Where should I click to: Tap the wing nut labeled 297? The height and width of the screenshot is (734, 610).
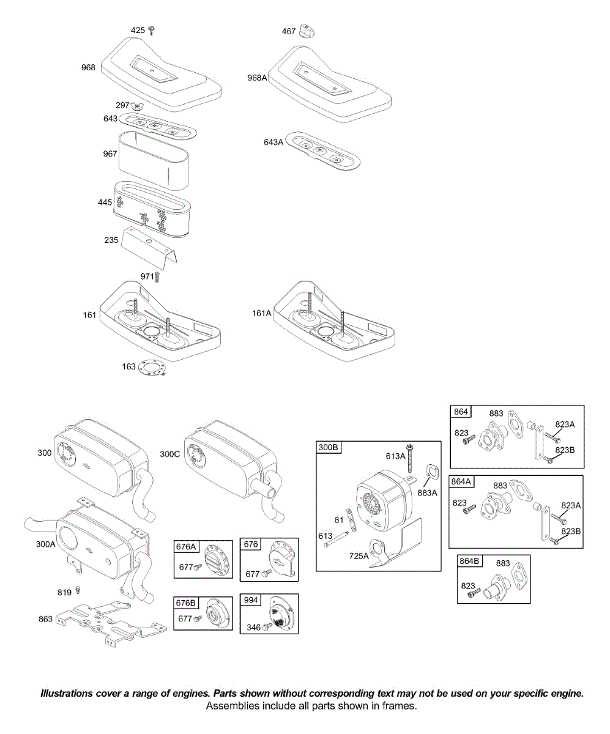[138, 106]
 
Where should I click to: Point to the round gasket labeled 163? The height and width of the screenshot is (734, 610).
[152, 369]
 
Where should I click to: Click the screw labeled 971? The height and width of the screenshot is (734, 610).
[157, 277]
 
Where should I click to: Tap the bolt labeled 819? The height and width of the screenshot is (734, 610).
[78, 591]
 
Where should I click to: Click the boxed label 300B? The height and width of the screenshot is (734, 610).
[328, 448]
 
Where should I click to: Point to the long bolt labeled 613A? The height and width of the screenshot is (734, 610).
[409, 457]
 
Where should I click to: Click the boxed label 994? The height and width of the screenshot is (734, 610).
[251, 600]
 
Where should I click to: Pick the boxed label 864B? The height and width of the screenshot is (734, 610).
[469, 562]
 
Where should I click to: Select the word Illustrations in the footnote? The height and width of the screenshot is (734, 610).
[68, 694]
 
